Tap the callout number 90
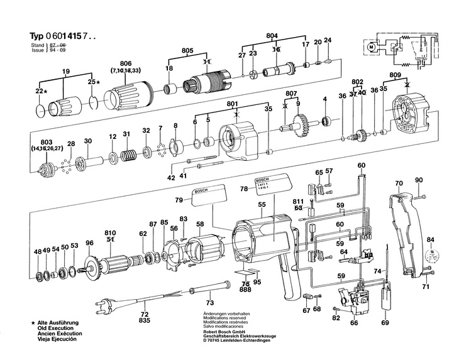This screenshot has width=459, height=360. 419,180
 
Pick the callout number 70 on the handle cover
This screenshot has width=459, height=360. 399,183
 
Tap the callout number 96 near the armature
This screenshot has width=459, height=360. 89,243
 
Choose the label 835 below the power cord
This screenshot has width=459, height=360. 145,320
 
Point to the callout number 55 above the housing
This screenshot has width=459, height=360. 260,205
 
